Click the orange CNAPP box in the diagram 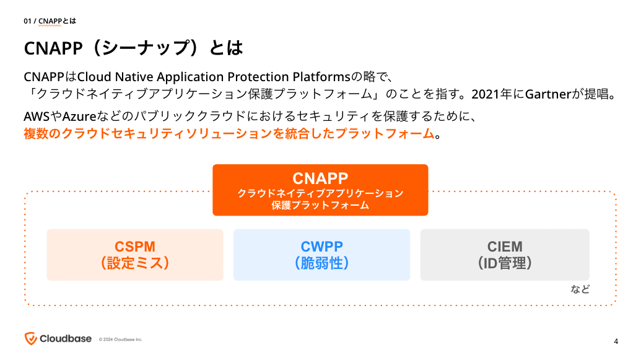click(x=320, y=190)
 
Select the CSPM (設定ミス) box click(x=135, y=255)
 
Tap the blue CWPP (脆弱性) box click(x=321, y=255)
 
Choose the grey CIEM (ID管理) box click(x=505, y=255)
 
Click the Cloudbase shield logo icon click(x=30, y=338)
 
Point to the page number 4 click(x=616, y=341)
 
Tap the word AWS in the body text click(x=37, y=116)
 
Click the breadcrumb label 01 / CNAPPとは click(x=50, y=21)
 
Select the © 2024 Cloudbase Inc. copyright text click(x=121, y=340)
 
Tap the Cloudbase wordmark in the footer click(x=66, y=338)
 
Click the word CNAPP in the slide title click(x=50, y=48)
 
